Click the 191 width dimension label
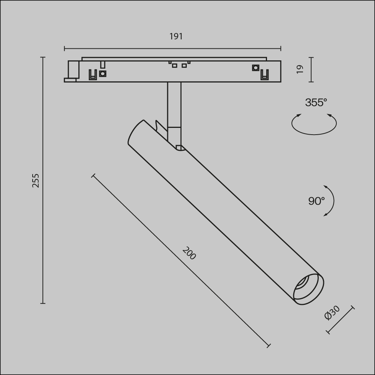(176, 36)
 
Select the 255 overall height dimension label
(35, 180)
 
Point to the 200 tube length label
(189, 253)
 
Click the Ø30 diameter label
(332, 313)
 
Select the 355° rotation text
(316, 102)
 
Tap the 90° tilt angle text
(316, 201)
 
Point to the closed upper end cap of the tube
(136, 133)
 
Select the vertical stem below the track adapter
(174, 105)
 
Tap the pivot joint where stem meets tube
(179, 147)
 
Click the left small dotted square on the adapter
(102, 73)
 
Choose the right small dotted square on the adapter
(255, 68)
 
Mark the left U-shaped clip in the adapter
(92, 75)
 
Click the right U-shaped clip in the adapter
(265, 75)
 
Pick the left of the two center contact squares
(174, 66)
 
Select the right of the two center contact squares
(184, 66)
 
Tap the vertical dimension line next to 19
(311, 69)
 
